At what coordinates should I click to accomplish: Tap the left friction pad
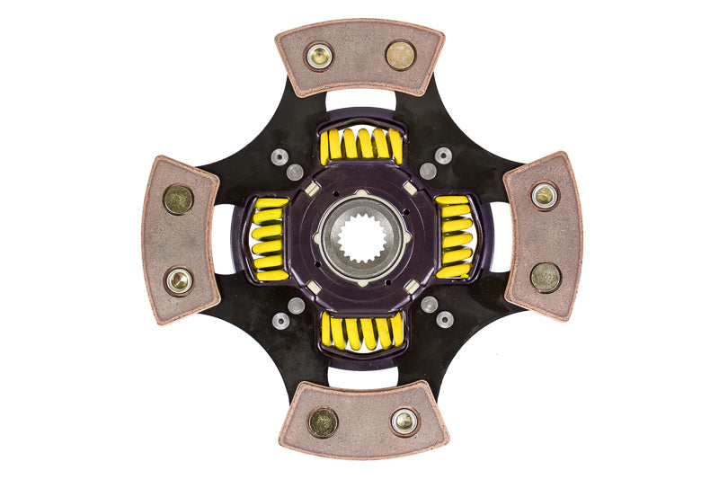pyautogui.click(x=180, y=239)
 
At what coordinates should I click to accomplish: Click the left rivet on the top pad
pyautogui.click(x=319, y=56)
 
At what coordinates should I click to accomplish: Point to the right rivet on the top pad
pyautogui.click(x=401, y=55)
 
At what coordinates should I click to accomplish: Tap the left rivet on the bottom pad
pyautogui.click(x=323, y=421)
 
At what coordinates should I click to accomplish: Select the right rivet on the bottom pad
pyautogui.click(x=404, y=420)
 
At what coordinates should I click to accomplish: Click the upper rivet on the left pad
pyautogui.click(x=178, y=199)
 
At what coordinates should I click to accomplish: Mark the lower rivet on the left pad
pyautogui.click(x=179, y=280)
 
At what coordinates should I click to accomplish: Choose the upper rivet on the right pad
pyautogui.click(x=544, y=195)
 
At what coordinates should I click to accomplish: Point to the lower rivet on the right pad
pyautogui.click(x=546, y=277)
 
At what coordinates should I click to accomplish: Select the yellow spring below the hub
pyautogui.click(x=361, y=332)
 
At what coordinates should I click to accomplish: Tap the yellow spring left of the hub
pyautogui.click(x=268, y=237)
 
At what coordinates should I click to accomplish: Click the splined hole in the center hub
pyautogui.click(x=361, y=238)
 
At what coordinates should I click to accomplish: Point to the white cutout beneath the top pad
pyautogui.click(x=359, y=102)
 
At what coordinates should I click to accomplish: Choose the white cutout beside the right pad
pyautogui.click(x=499, y=236)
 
